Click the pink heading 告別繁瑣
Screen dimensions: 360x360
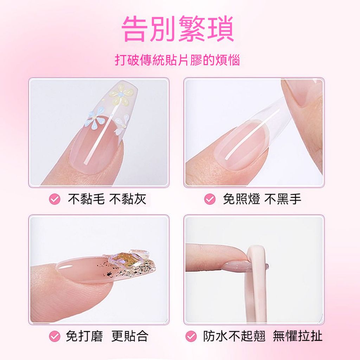click(x=178, y=29)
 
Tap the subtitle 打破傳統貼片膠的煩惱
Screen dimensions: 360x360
click(x=177, y=60)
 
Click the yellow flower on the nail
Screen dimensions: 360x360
click(x=121, y=95)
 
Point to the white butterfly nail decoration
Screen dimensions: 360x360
click(x=121, y=125)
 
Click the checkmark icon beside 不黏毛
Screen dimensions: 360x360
click(x=54, y=199)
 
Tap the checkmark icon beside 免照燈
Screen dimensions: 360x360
click(x=210, y=199)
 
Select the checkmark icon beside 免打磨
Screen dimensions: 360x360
click(x=54, y=336)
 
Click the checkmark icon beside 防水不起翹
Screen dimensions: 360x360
click(x=191, y=336)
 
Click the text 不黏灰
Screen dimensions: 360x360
click(x=127, y=199)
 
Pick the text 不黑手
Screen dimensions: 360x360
click(x=283, y=199)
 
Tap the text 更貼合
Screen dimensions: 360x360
click(x=130, y=336)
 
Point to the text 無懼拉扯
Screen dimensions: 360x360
click(x=298, y=336)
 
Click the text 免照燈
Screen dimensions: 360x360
click(x=242, y=199)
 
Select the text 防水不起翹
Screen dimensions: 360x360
click(x=234, y=336)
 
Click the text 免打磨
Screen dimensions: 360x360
click(x=84, y=336)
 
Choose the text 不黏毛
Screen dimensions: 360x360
click(x=86, y=199)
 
